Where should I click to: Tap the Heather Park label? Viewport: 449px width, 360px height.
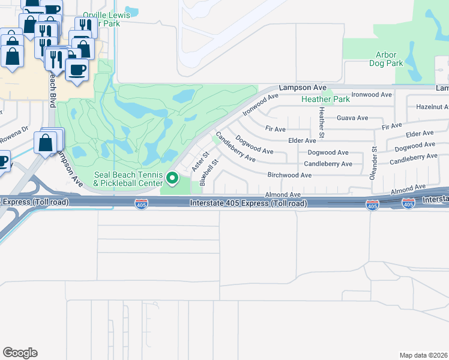[325, 99]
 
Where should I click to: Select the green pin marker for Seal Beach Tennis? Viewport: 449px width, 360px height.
[173, 178]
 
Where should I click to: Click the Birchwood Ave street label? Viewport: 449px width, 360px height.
[289, 175]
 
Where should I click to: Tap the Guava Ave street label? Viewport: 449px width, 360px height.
[352, 118]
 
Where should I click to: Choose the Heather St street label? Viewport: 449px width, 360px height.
[322, 121]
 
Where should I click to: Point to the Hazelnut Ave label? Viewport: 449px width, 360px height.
[432, 107]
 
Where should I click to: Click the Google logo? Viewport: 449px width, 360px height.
[20, 352]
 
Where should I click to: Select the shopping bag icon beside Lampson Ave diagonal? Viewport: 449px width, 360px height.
[45, 143]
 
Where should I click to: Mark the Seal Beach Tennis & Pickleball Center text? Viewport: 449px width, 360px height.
[128, 178]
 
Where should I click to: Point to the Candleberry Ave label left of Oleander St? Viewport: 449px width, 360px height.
[328, 164]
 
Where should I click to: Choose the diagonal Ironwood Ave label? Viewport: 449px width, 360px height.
[261, 104]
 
